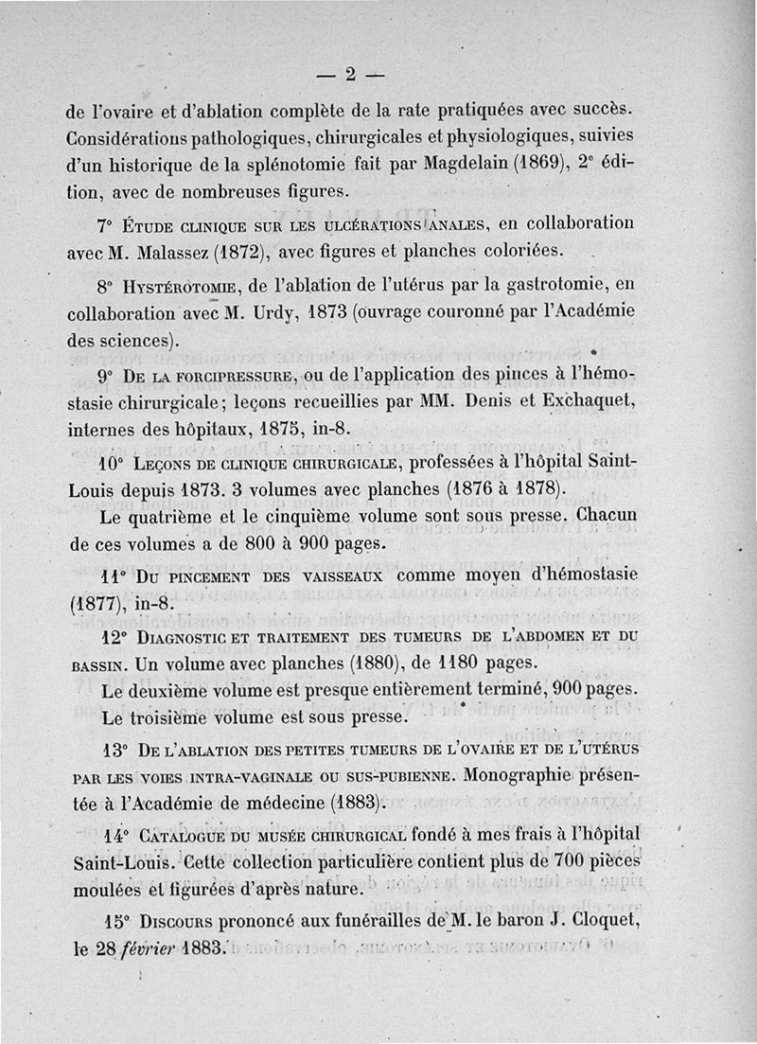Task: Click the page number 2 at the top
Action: (349, 75)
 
